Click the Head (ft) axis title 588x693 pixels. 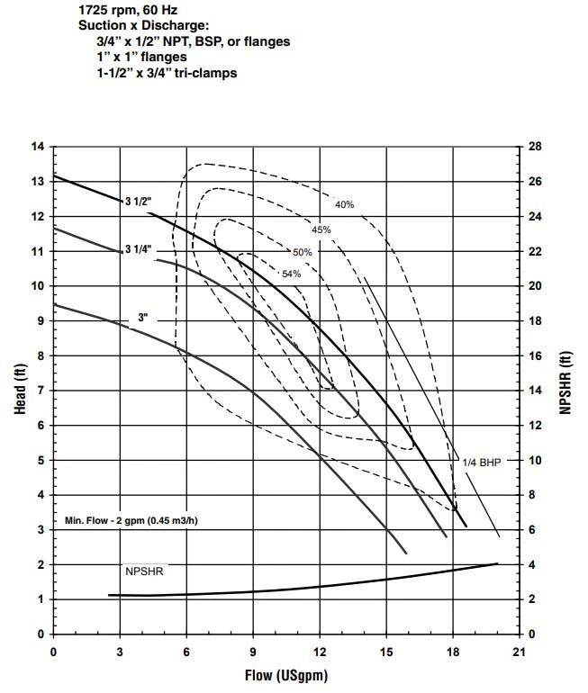tap(19, 390)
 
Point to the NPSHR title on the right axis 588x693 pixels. tap(566, 390)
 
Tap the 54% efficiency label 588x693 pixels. tap(291, 274)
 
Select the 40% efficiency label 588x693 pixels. tap(344, 204)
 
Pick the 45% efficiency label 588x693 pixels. tap(321, 229)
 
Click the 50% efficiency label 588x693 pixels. tap(302, 252)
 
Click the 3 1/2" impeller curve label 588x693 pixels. tap(137, 202)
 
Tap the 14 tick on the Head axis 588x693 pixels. tap(38, 146)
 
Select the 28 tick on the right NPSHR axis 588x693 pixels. tap(533, 146)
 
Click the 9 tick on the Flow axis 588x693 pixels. tap(253, 651)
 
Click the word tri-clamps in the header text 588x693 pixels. tap(205, 73)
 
